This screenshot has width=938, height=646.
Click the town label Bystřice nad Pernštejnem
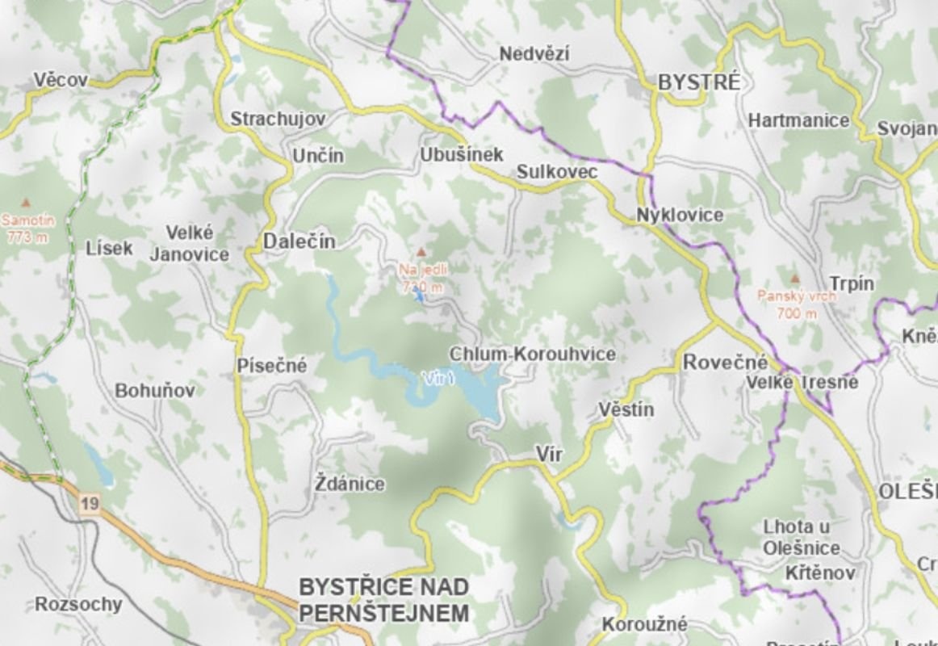tap(383, 599)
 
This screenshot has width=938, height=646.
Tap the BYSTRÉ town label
tap(699, 82)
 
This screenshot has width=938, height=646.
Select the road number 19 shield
tap(90, 504)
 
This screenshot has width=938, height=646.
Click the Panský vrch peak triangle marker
tap(795, 278)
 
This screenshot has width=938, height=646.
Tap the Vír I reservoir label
tap(441, 378)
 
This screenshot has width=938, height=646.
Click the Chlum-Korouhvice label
tap(532, 354)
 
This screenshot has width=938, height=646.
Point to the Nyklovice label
tap(680, 216)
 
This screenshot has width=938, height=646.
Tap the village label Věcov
tap(61, 80)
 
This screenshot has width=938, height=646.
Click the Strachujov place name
tap(278, 120)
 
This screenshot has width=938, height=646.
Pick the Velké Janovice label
tap(190, 244)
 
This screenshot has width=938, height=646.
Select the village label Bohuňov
tap(155, 391)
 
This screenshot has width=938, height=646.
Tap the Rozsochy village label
tap(78, 604)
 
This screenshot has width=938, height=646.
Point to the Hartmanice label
tap(798, 120)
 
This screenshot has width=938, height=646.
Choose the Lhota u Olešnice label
tap(802, 538)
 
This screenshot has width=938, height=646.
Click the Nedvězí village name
tap(534, 55)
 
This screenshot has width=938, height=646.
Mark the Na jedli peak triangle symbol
tap(420, 253)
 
